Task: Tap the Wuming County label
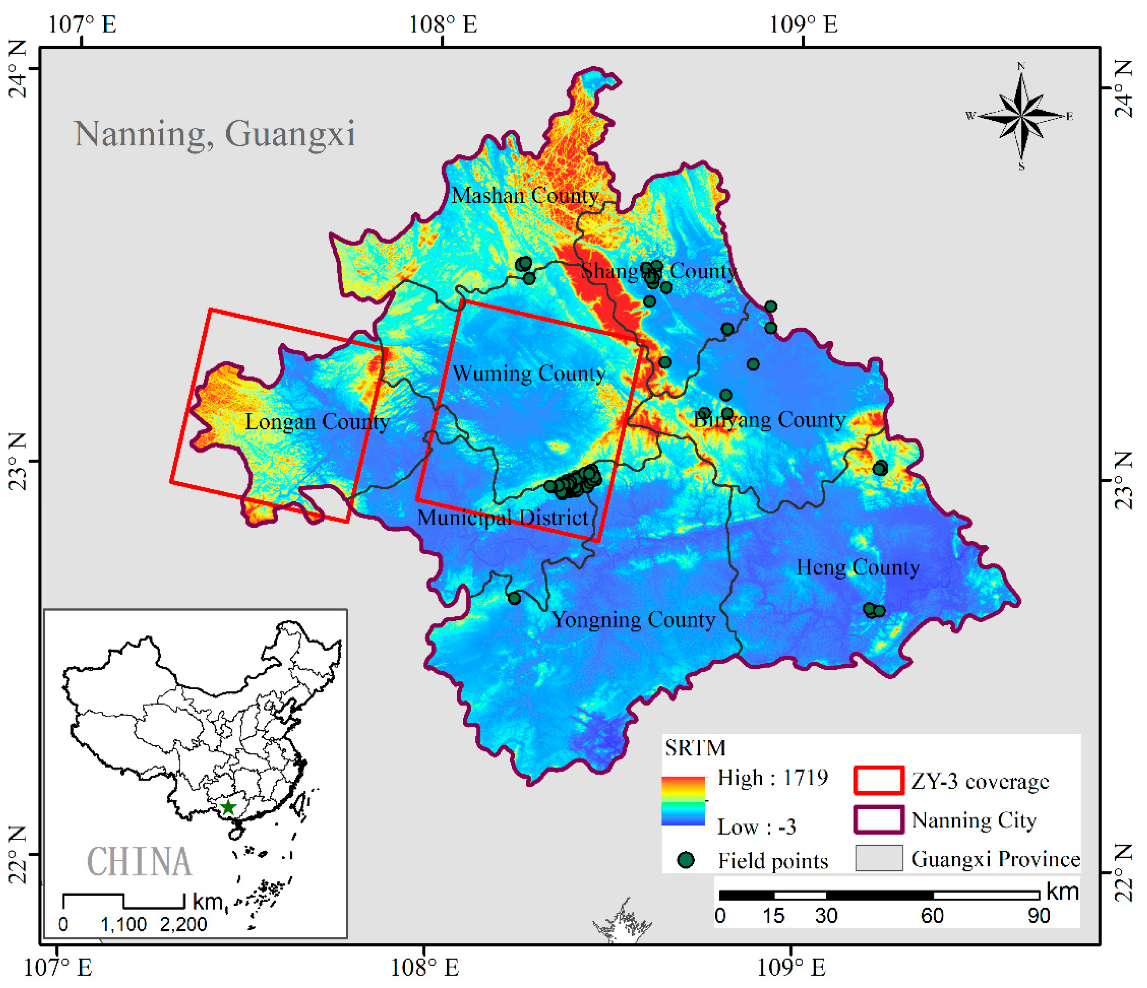click(x=529, y=373)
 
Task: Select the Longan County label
click(x=317, y=422)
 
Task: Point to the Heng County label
click(x=858, y=567)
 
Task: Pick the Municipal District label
click(x=502, y=518)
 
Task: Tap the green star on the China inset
click(x=228, y=807)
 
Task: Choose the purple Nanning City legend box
click(x=878, y=820)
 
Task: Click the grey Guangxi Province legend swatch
click(x=878, y=858)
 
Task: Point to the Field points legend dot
click(x=686, y=860)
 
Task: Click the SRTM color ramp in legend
click(x=683, y=801)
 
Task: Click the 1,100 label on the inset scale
click(x=123, y=924)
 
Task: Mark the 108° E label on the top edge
click(x=443, y=24)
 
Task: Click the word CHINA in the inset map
click(x=139, y=862)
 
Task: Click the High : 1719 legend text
click(x=772, y=778)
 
